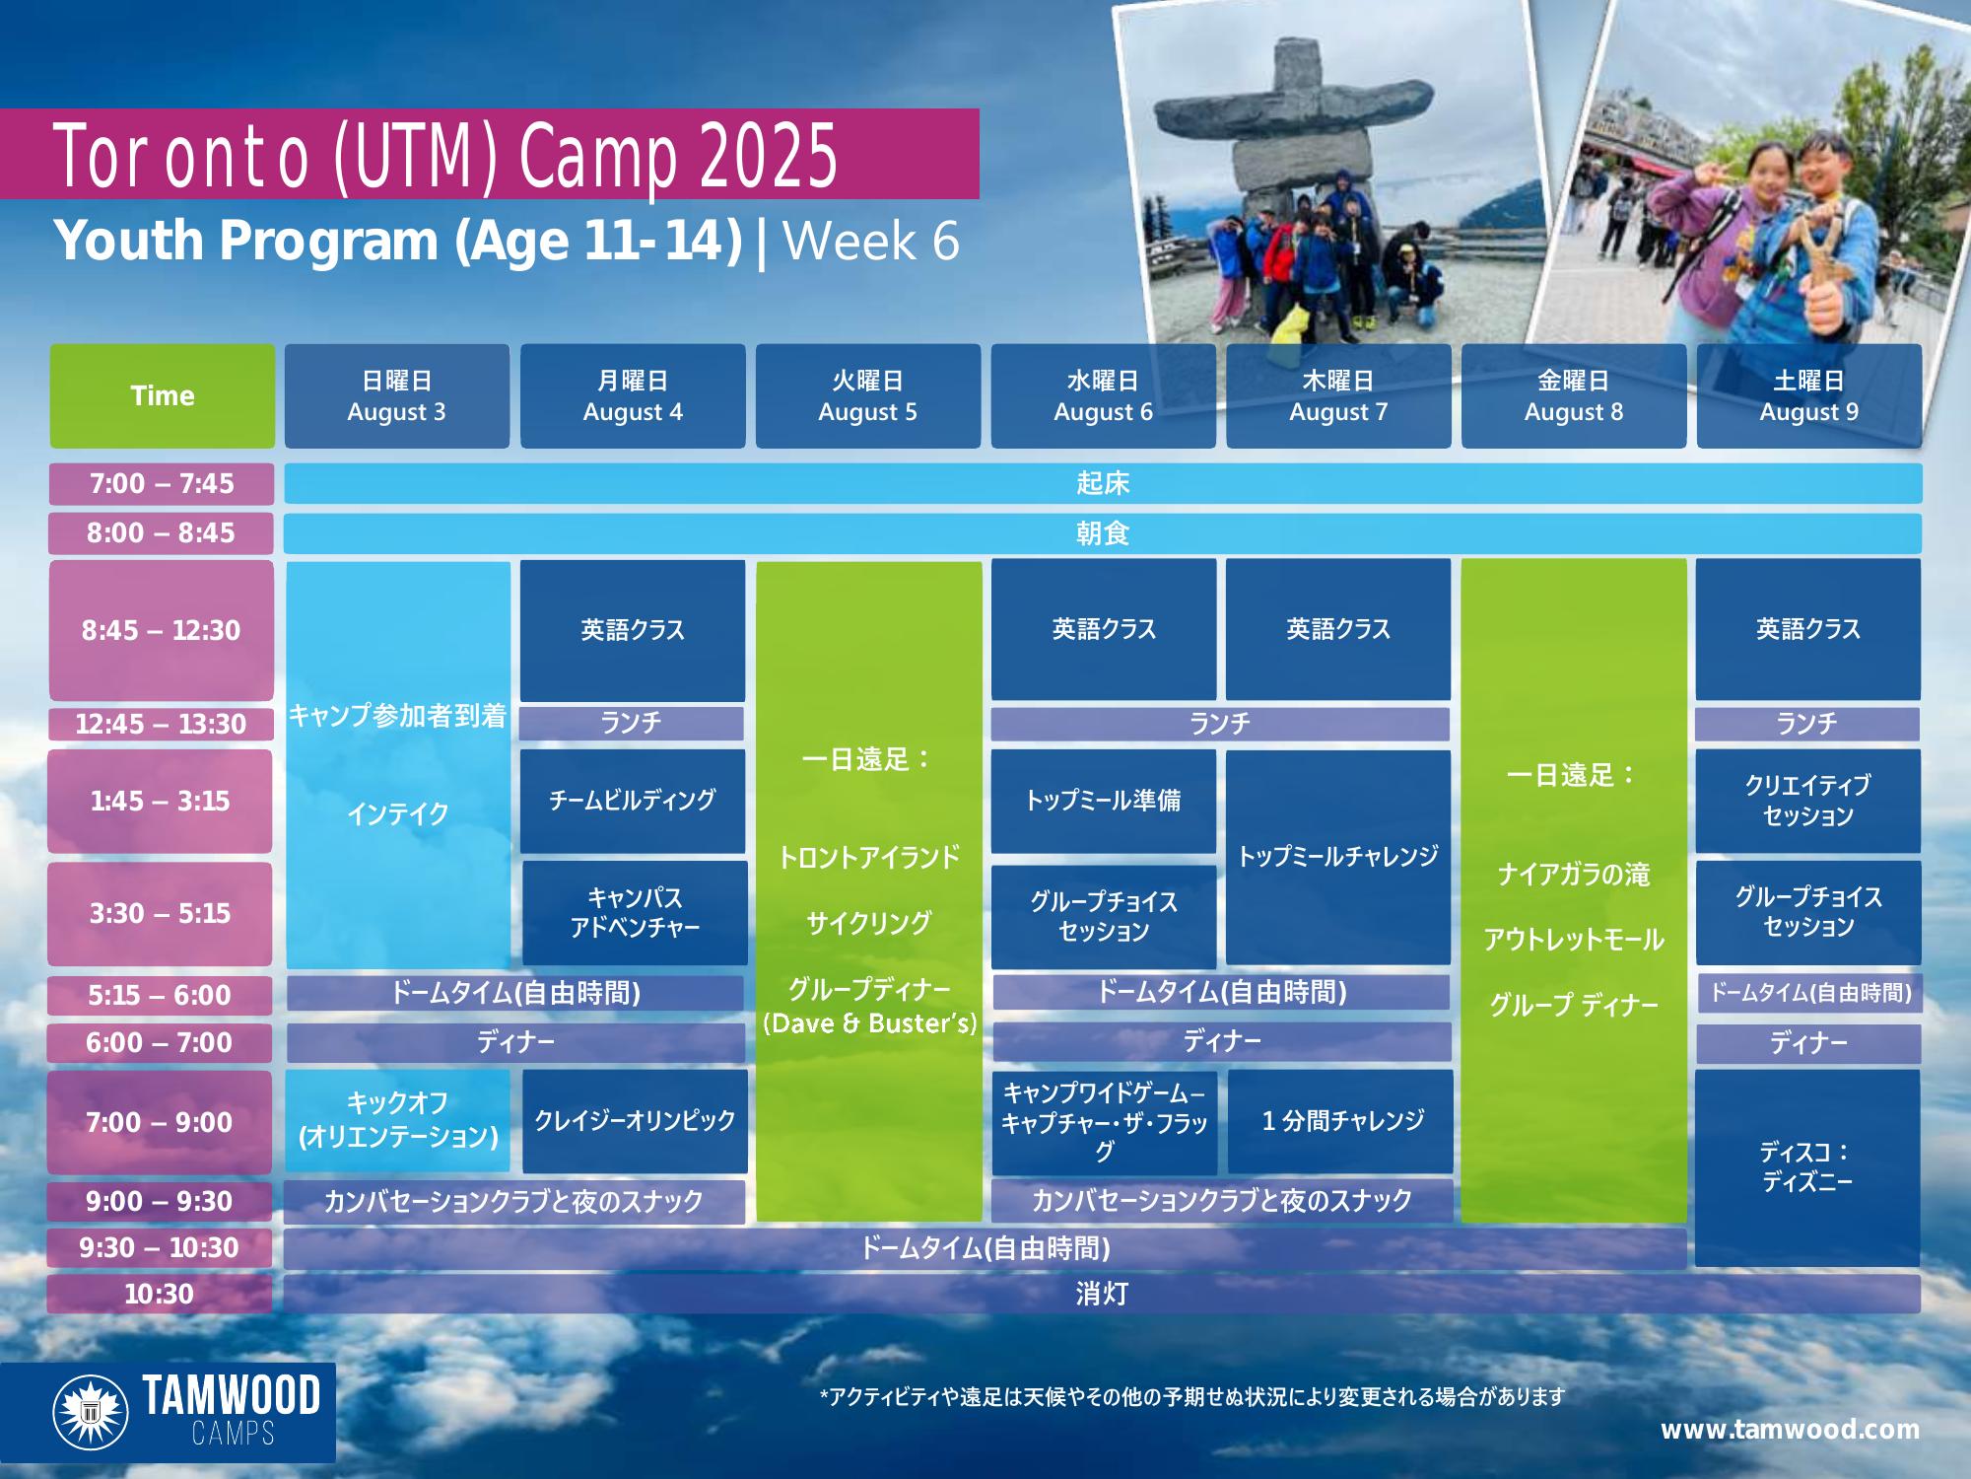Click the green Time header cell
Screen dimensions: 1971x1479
(x=163, y=395)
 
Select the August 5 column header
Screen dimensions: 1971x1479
(x=868, y=395)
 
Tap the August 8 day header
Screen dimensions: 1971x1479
(x=1574, y=395)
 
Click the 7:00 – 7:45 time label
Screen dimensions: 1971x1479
(x=162, y=483)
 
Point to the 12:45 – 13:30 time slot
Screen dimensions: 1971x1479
(x=162, y=724)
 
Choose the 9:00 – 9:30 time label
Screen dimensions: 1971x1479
(x=160, y=1201)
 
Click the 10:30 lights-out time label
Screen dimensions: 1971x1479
(x=160, y=1294)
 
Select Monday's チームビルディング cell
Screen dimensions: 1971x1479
(x=633, y=801)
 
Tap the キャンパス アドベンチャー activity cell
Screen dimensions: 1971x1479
(x=635, y=913)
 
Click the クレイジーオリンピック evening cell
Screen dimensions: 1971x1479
(x=635, y=1121)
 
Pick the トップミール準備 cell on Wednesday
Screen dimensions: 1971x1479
(x=1104, y=801)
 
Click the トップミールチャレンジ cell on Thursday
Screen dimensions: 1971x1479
(x=1338, y=857)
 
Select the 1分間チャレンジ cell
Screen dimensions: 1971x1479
(x=1341, y=1121)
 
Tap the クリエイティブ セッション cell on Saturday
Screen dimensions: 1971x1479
(x=1808, y=801)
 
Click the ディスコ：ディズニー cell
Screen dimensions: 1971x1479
(x=1807, y=1167)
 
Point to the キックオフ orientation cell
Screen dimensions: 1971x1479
(x=398, y=1121)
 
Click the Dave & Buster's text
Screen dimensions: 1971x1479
(x=869, y=1023)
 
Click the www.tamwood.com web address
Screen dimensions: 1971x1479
(x=1790, y=1429)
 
